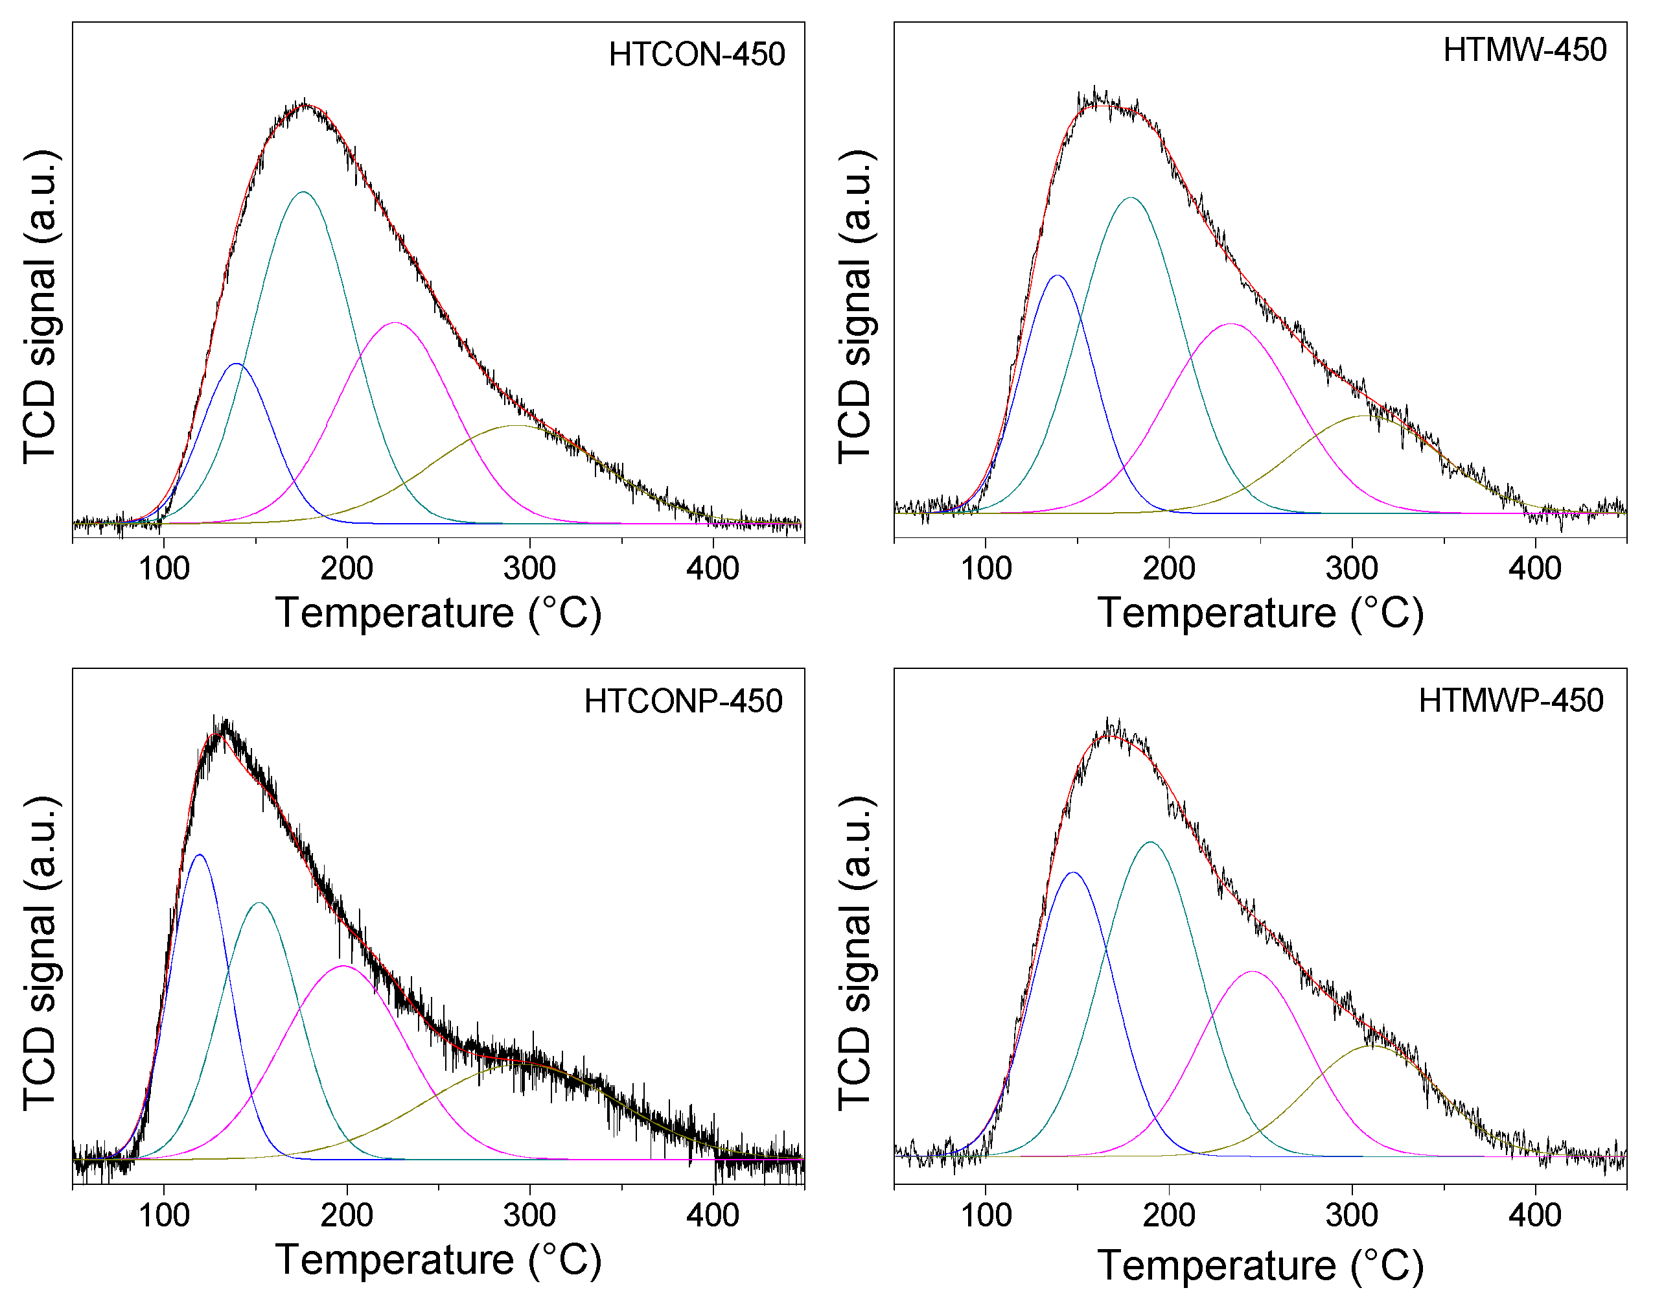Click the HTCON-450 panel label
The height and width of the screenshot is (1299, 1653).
click(697, 54)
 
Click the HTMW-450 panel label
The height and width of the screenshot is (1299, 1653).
click(1524, 50)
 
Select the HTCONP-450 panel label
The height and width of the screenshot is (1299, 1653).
click(683, 701)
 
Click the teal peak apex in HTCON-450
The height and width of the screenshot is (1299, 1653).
click(303, 193)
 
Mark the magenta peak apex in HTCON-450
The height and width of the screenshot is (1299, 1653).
click(395, 323)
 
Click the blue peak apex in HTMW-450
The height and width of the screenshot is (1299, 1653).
click(1057, 276)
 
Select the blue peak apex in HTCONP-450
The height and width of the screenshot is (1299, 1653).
click(199, 855)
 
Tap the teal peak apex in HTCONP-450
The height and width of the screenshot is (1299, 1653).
click(260, 904)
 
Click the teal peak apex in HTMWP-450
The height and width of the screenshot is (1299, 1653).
click(1150, 843)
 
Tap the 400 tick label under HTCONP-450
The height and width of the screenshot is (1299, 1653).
click(712, 1215)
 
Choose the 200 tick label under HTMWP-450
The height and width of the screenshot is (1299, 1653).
click(1169, 1215)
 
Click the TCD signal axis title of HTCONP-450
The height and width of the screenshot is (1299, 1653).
click(40, 954)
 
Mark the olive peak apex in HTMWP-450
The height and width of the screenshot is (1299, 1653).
click(1375, 1046)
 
